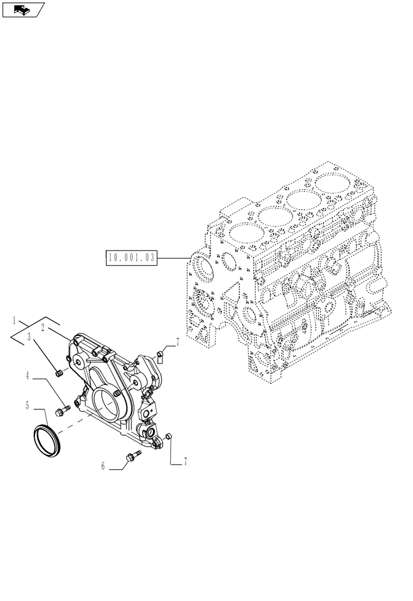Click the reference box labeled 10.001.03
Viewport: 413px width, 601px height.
[131, 258]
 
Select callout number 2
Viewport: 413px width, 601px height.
[44, 328]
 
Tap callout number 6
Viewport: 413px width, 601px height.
[103, 465]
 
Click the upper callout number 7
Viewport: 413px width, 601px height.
[178, 343]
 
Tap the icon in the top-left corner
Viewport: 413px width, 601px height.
[23, 10]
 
